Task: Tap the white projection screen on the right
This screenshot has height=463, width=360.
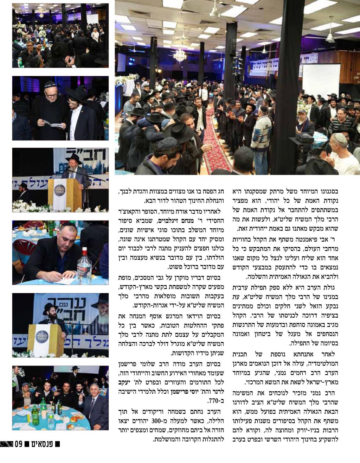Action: tap(321, 81)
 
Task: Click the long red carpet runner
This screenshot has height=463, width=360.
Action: tap(216, 141)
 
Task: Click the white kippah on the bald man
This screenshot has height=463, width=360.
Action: tap(340, 137)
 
